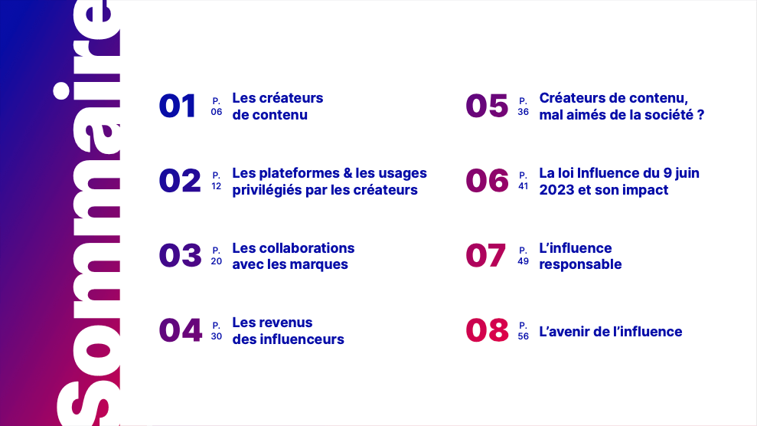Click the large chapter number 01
[x=178, y=106]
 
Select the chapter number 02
[x=180, y=181]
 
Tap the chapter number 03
[x=180, y=256]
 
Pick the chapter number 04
[x=180, y=330]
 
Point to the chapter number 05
[x=487, y=106]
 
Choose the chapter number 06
[x=487, y=181]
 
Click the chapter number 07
[x=486, y=256]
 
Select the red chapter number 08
[x=487, y=330]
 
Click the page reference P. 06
[x=217, y=106]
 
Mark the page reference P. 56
[x=524, y=331]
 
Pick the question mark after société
[x=700, y=115]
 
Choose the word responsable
[x=580, y=264]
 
